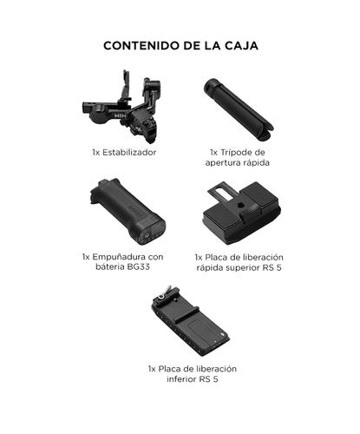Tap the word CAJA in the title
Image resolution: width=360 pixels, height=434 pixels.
coord(239,45)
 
